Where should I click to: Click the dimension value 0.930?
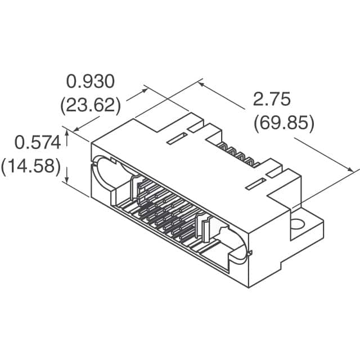[x=91, y=82]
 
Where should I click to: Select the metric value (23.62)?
[x=91, y=105]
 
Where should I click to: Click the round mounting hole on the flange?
[x=297, y=224]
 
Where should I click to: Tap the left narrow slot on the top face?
[x=177, y=138]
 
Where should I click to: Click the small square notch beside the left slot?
[x=194, y=129]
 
